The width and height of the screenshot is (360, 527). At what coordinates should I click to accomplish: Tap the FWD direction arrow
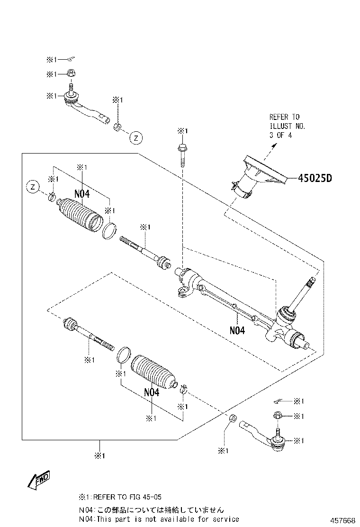pyautogui.click(x=38, y=480)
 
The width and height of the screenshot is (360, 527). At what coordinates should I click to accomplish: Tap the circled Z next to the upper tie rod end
pyautogui.click(x=135, y=138)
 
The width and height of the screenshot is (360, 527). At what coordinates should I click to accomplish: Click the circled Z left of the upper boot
pyautogui.click(x=32, y=187)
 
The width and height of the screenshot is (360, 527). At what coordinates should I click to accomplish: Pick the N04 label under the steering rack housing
pyautogui.click(x=237, y=330)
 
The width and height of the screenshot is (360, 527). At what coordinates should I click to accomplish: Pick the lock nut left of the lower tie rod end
pyautogui.click(x=232, y=419)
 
